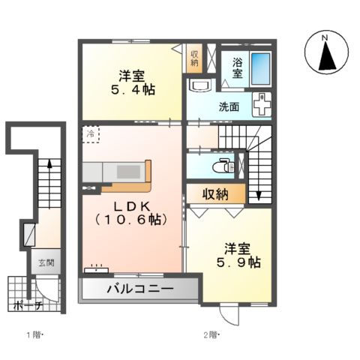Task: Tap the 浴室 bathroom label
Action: pyautogui.click(x=236, y=68)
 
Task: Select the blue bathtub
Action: pyautogui.click(x=259, y=67)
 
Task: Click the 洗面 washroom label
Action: pyautogui.click(x=229, y=107)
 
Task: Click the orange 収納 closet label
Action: pyautogui.click(x=214, y=194)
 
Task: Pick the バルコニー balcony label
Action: pyautogui.click(x=139, y=289)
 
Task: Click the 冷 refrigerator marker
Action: pyautogui.click(x=91, y=133)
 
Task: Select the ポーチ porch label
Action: pyautogui.click(x=27, y=305)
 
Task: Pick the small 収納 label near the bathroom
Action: pyautogui.click(x=194, y=58)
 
